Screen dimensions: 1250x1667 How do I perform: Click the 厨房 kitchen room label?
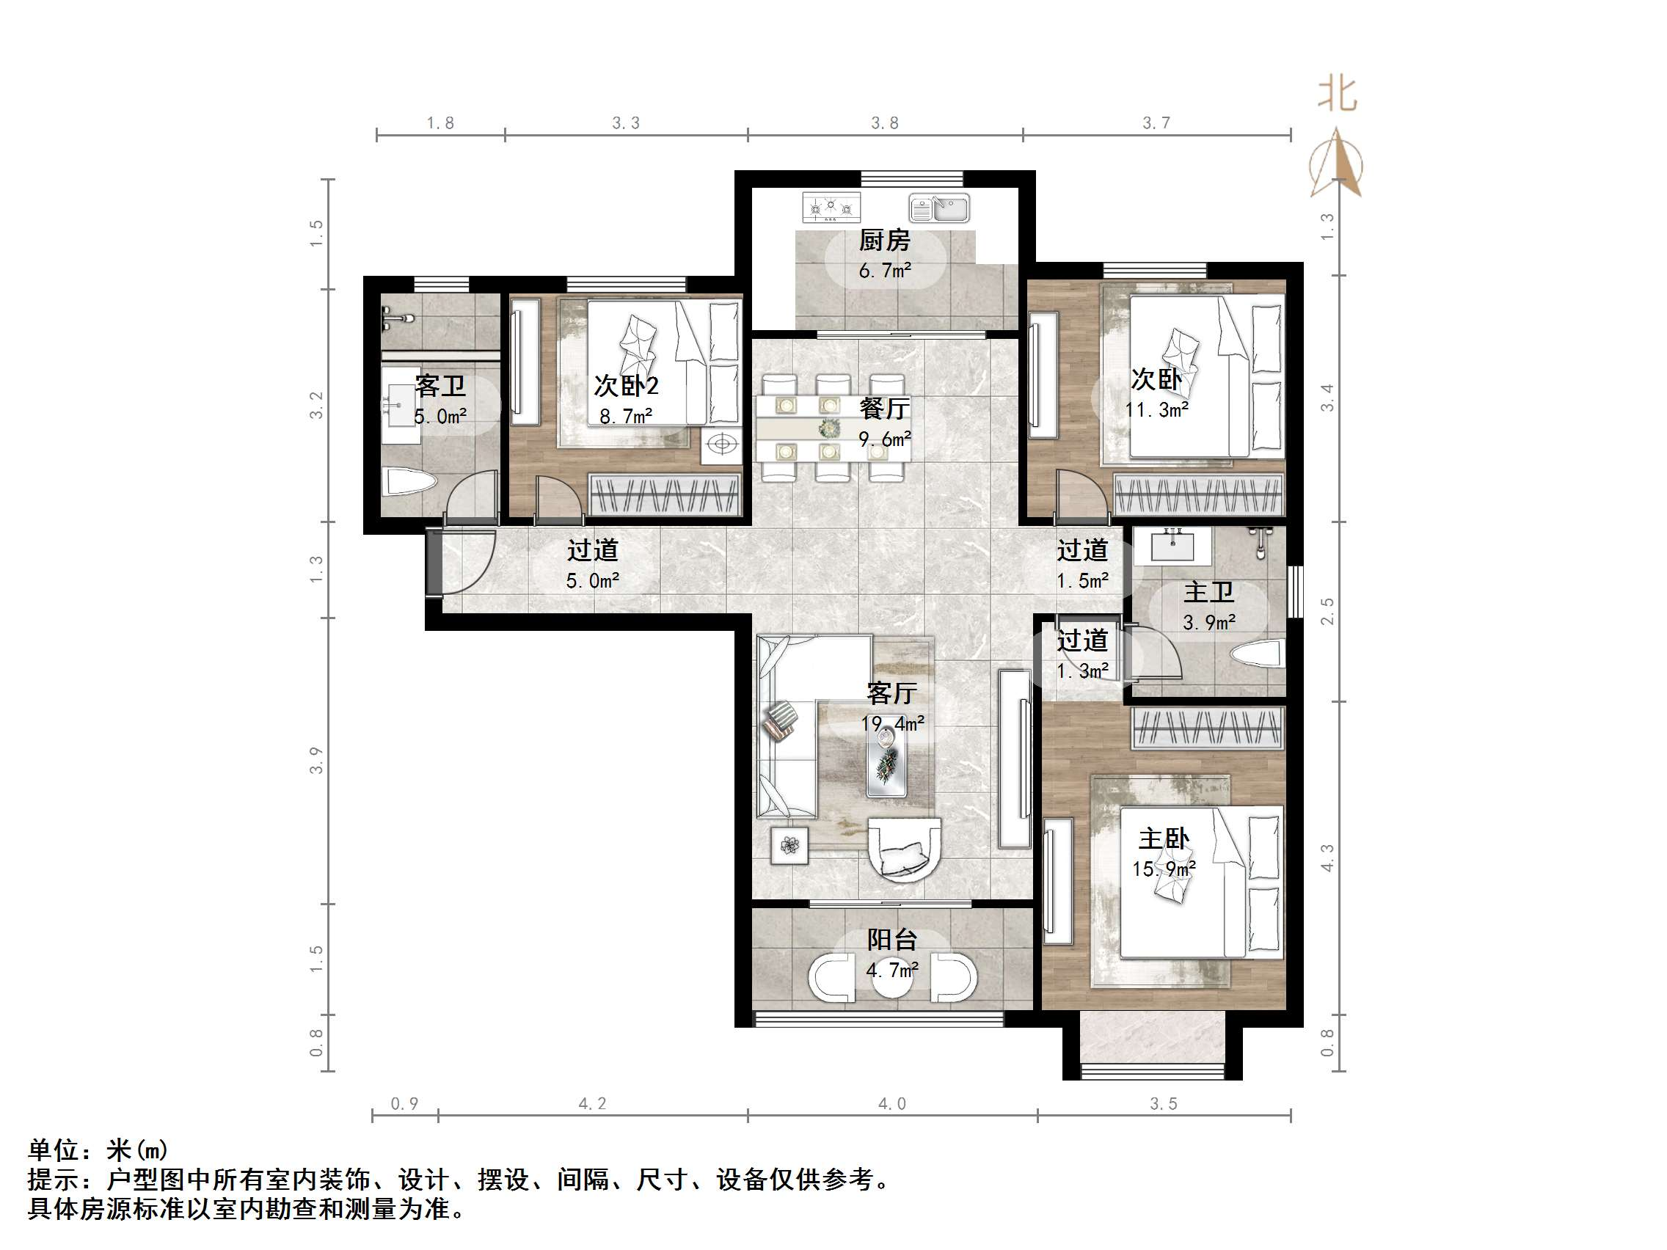884,241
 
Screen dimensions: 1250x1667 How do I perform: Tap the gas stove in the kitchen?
831,206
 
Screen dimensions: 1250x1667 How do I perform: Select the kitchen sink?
938,208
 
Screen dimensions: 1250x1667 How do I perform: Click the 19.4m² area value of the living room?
892,723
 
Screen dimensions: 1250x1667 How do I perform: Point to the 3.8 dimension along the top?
884,123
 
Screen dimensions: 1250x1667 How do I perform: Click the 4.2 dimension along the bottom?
591,1104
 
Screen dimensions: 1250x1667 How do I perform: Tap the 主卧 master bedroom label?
1164,838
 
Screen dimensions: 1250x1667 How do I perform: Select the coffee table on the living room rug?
886,761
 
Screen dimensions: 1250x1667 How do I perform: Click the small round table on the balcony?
892,977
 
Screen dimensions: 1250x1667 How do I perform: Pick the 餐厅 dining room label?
884,409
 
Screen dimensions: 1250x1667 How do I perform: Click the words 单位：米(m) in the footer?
98,1150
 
